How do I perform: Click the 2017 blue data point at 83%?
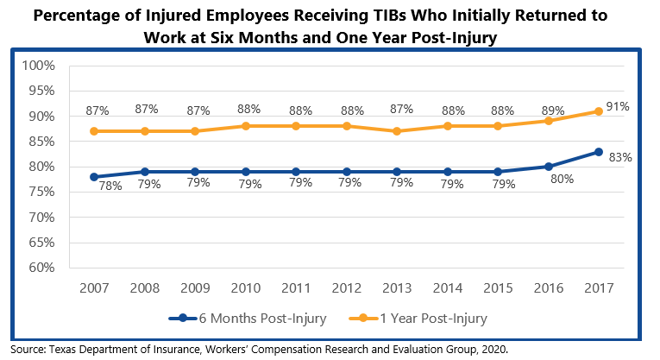[x=598, y=151]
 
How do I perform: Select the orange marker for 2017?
[x=598, y=111]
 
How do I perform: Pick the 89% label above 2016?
[x=552, y=111]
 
